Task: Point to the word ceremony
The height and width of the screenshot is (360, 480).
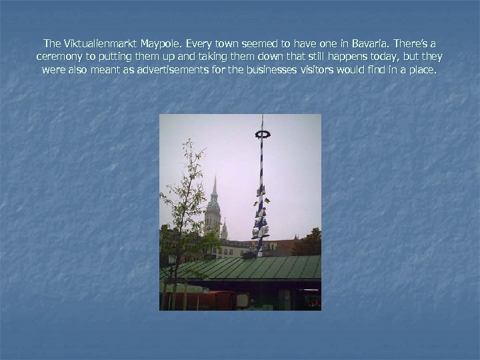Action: click(60, 55)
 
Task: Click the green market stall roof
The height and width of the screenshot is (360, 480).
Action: click(247, 269)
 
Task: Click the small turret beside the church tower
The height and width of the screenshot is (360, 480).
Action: click(224, 230)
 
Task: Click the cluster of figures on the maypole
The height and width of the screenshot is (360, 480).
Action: click(261, 217)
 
